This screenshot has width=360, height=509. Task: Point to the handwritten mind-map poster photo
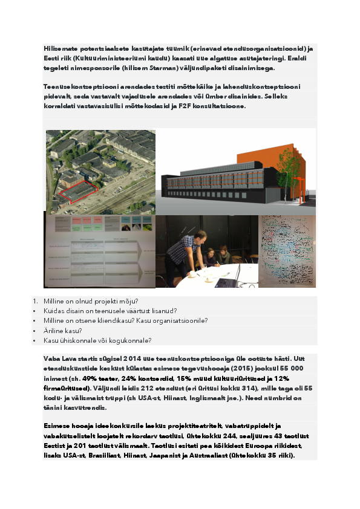click(288, 251)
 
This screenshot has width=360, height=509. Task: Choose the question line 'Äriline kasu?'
click(63, 331)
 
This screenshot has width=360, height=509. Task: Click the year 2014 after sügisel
click(133, 358)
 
